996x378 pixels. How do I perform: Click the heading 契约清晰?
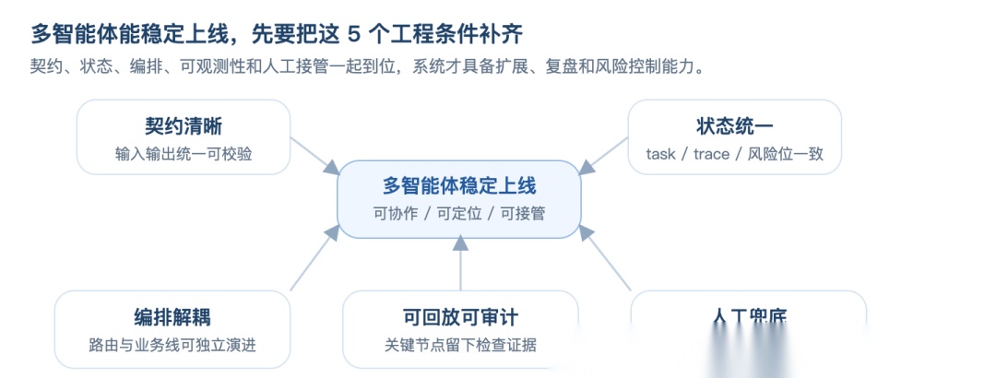(x=183, y=126)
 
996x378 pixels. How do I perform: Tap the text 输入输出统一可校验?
(x=183, y=154)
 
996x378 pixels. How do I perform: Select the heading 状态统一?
(x=734, y=126)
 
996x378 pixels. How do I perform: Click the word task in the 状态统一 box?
(x=661, y=154)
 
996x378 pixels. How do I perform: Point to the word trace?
(x=711, y=154)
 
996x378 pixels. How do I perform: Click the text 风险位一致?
(x=785, y=154)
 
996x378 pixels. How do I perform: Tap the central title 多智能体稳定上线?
(x=458, y=185)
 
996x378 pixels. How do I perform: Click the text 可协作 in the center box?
(x=395, y=214)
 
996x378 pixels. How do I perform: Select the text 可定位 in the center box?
(x=458, y=214)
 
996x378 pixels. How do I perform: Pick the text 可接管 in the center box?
(x=522, y=214)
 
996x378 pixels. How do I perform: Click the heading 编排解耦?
(x=172, y=318)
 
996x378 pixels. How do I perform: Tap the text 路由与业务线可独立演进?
(x=172, y=346)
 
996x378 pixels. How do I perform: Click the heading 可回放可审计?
(x=460, y=318)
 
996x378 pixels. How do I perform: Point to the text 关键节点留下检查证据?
(x=460, y=346)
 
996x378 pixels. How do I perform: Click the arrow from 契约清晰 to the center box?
(x=314, y=155)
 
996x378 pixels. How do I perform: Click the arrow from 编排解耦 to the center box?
(x=314, y=261)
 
